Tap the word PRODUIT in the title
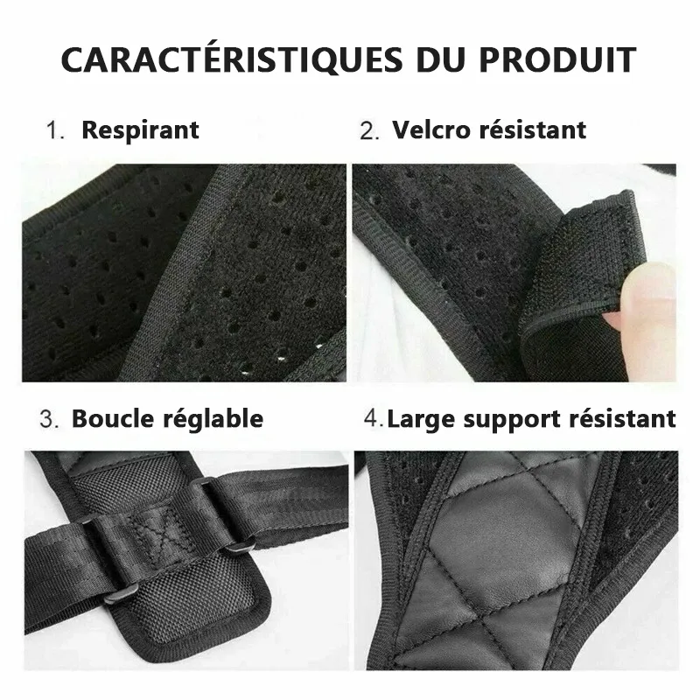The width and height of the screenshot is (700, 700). coord(558,59)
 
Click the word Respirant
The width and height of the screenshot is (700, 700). coord(140,130)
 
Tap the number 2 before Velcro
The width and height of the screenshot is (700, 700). coord(369,131)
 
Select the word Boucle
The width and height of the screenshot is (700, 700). coord(113,419)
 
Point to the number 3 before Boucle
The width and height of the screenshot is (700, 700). coord(49,420)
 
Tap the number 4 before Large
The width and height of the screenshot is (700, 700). coord(374,419)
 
